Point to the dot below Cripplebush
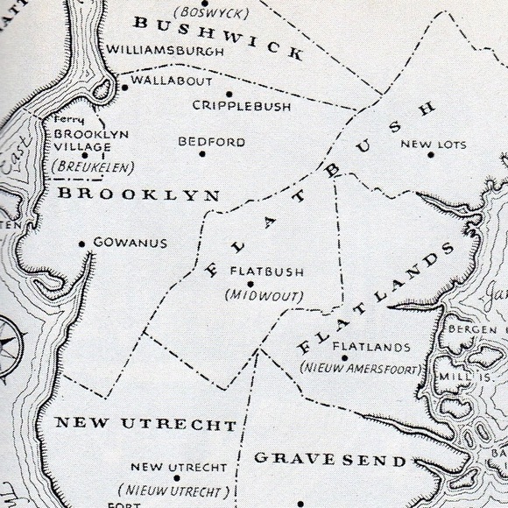tap(229, 93)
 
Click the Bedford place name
tap(212, 141)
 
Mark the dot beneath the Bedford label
tap(202, 154)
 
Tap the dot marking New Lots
tap(431, 156)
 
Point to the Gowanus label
tap(130, 243)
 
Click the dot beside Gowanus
tap(82, 243)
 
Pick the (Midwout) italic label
tap(265, 296)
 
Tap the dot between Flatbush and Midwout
tap(250, 284)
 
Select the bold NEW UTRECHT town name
tap(145, 426)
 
